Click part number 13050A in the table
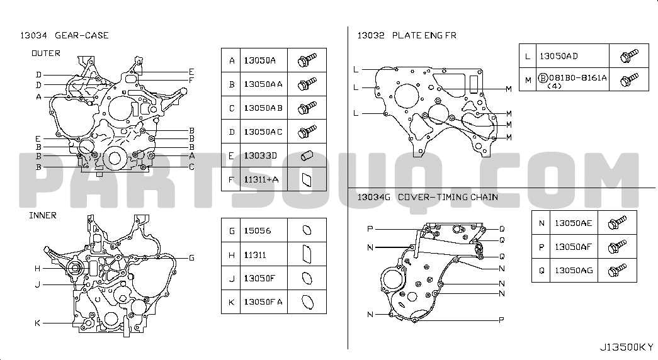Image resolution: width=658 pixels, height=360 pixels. point(260,60)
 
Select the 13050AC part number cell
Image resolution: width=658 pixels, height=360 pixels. point(263,132)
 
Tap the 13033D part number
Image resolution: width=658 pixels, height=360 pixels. point(260,155)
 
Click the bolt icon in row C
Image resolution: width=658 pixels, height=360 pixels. point(307,108)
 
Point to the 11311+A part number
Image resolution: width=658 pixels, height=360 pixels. point(261,179)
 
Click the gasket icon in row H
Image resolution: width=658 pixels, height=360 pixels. point(307,254)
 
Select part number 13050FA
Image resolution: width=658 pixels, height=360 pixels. point(263,302)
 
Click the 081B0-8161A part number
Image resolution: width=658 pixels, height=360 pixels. point(578,77)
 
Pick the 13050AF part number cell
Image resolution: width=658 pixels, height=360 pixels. point(574,247)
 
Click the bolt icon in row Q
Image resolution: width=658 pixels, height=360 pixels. point(617,270)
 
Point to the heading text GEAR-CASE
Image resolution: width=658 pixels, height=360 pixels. point(82,36)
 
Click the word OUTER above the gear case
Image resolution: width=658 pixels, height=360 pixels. point(46,53)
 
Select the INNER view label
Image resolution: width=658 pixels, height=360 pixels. point(43,215)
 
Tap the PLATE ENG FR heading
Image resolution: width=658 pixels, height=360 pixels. point(424,36)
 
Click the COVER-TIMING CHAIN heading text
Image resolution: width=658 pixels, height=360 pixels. point(448,197)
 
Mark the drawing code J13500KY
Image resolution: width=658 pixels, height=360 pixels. point(627,347)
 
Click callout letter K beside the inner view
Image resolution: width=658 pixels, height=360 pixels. point(37,323)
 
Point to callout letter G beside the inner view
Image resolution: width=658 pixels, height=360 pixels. point(191,257)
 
